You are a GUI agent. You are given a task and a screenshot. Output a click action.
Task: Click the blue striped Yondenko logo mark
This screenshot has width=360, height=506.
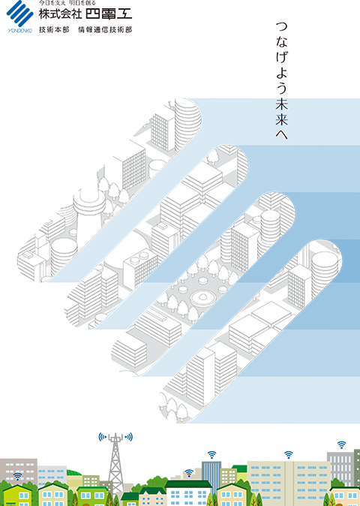click(x=20, y=14)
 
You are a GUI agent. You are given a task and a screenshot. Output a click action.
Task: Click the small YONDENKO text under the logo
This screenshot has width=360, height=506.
click(x=19, y=31)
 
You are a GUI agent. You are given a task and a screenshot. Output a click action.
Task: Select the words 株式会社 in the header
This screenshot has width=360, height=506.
click(x=60, y=14)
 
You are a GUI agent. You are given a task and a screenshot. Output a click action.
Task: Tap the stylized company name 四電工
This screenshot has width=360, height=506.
click(x=109, y=14)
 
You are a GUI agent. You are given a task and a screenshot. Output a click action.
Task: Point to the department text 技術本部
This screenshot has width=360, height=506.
click(x=54, y=30)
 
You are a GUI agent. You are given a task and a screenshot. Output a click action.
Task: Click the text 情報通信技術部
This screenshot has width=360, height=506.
click(x=105, y=30)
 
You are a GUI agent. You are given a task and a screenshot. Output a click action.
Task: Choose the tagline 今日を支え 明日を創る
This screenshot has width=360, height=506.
click(x=67, y=3)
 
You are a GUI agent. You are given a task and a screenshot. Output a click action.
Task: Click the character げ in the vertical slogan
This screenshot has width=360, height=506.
click(x=282, y=56)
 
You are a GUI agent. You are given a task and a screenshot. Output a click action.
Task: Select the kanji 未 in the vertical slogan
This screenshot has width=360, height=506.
click(x=282, y=104)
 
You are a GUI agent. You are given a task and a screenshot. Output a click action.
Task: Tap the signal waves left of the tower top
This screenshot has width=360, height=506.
click(x=103, y=437)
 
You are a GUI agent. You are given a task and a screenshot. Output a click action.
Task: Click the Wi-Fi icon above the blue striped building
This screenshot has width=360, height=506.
click(x=211, y=455)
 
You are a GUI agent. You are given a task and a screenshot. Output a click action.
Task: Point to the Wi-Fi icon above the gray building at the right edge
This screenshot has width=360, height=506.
click(x=341, y=445)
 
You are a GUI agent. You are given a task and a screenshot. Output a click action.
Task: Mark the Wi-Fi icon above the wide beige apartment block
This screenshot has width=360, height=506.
click(x=289, y=455)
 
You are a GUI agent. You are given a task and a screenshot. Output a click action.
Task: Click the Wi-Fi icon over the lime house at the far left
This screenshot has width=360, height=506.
click(x=18, y=476)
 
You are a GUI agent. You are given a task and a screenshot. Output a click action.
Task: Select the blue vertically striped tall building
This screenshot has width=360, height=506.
click(x=211, y=474)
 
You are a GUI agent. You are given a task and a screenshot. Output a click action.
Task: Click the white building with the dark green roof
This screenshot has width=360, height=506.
click(x=188, y=493)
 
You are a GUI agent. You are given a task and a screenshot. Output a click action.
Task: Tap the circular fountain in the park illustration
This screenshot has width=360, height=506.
click(x=203, y=298)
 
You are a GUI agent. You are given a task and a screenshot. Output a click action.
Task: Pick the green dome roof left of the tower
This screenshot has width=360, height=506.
click(x=74, y=473)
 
